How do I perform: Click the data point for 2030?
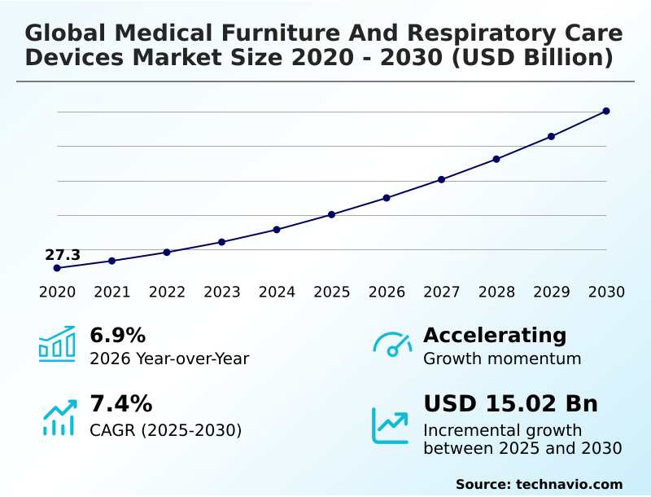pos(606,111)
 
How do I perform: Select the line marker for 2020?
pos(57,268)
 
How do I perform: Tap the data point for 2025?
pos(331,214)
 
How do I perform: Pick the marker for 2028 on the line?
pos(496,159)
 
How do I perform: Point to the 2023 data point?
pos(221,242)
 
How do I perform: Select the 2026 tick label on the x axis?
pos(387,292)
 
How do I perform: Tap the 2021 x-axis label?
pos(111,292)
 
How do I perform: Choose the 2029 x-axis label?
pos(551,292)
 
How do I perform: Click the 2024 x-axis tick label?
pos(277,292)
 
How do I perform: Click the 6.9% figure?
pos(117,335)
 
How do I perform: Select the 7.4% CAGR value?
pos(120,403)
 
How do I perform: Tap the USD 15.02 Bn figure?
pos(510,403)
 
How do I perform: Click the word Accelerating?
pos(495,335)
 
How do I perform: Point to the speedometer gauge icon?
pos(392,345)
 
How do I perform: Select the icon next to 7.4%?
pos(59,417)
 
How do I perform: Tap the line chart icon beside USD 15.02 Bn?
pos(391,425)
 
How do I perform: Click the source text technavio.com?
pos(569,484)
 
